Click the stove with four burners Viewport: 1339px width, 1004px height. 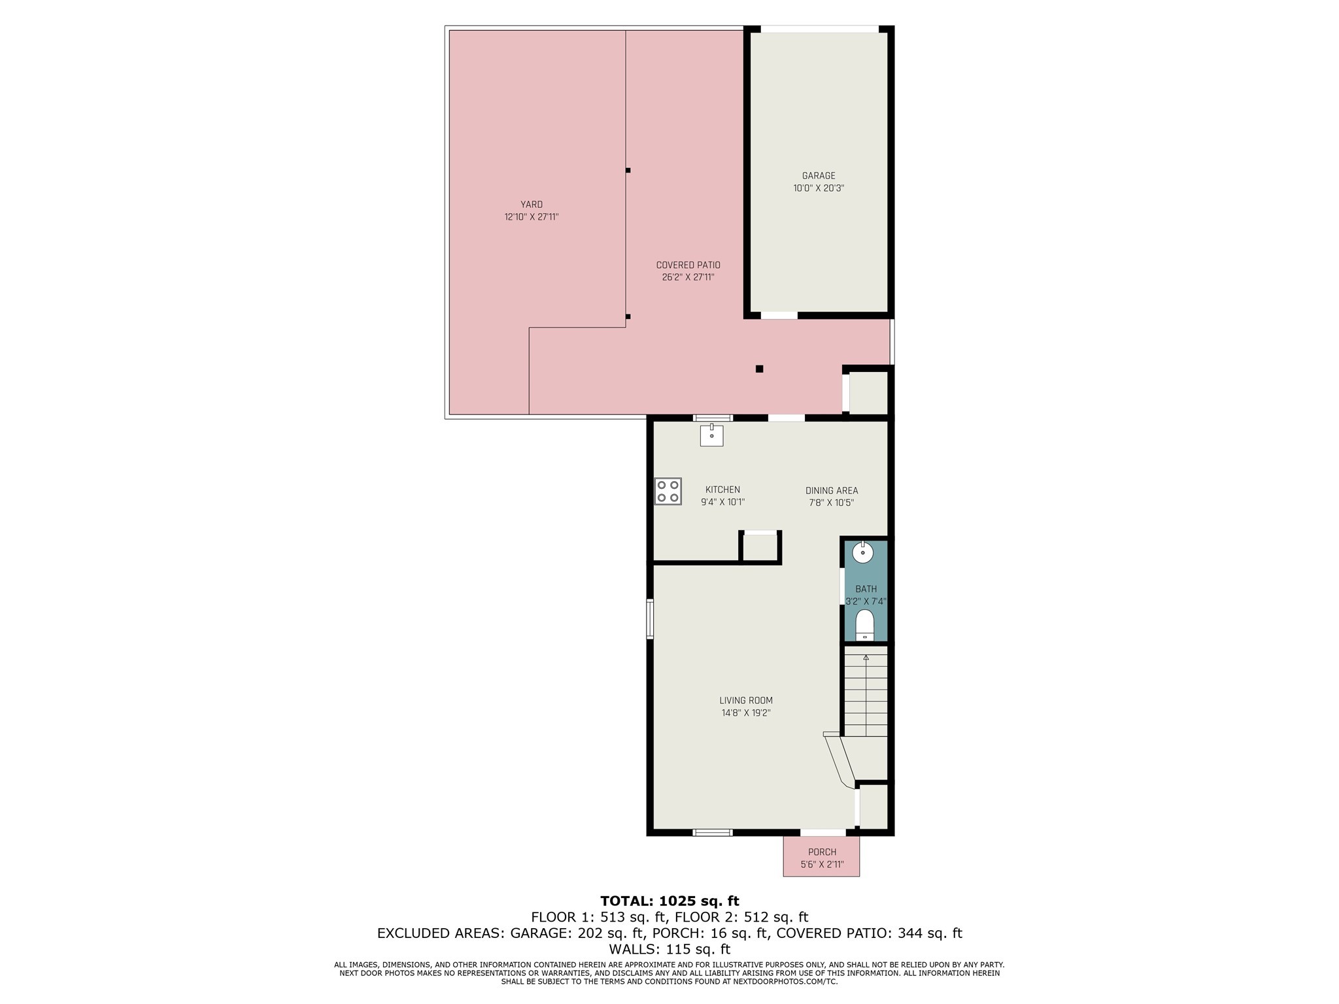(x=668, y=492)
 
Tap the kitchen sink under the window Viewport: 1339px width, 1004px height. (x=711, y=435)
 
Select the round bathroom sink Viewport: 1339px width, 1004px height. (x=863, y=553)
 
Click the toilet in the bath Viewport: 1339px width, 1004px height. (x=864, y=626)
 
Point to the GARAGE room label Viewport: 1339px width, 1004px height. (x=819, y=176)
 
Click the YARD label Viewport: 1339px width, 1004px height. (x=531, y=205)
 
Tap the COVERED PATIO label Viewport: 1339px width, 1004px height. (x=688, y=265)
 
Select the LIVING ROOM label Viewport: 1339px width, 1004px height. (x=745, y=701)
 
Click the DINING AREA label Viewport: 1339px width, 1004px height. (x=831, y=491)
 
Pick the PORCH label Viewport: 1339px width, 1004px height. (x=822, y=852)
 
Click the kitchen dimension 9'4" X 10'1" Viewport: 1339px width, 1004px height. (x=722, y=503)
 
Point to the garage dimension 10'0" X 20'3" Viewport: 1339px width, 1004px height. (x=819, y=188)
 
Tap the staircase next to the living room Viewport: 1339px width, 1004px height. (x=866, y=693)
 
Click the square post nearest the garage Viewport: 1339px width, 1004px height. (x=759, y=369)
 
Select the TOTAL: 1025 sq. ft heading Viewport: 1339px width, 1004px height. (x=669, y=901)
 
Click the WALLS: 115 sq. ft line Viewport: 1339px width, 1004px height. (x=669, y=949)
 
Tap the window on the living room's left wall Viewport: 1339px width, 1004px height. (x=650, y=619)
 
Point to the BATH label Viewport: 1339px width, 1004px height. (x=866, y=589)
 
